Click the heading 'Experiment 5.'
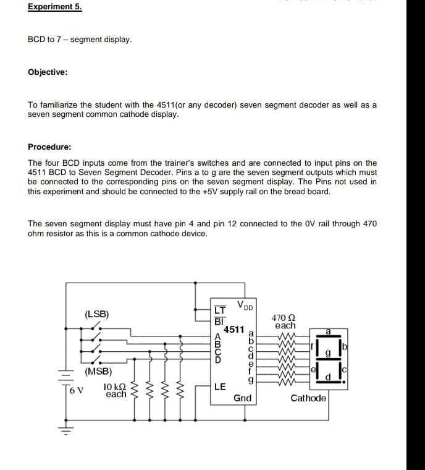(54, 7)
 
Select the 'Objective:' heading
(48, 72)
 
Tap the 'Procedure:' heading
(49, 147)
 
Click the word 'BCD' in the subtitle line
(36, 40)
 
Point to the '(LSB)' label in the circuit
(96, 314)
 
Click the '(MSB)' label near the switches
(99, 372)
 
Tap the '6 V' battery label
(76, 390)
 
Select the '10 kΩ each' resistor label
(116, 390)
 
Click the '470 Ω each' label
(285, 321)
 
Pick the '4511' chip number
(234, 330)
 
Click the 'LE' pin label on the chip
(220, 387)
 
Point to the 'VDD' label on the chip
(245, 305)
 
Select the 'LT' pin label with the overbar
(219, 310)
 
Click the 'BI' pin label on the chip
(218, 321)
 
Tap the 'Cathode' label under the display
(308, 398)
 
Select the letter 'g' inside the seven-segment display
(329, 353)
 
